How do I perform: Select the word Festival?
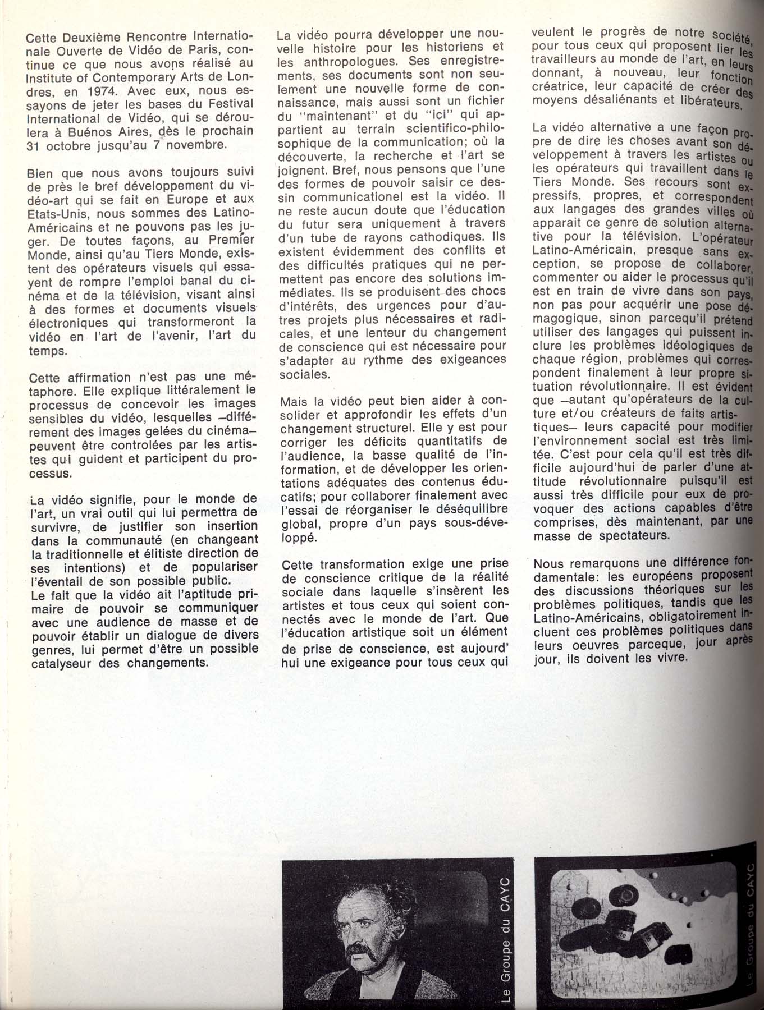231,104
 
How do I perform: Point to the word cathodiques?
442,237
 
